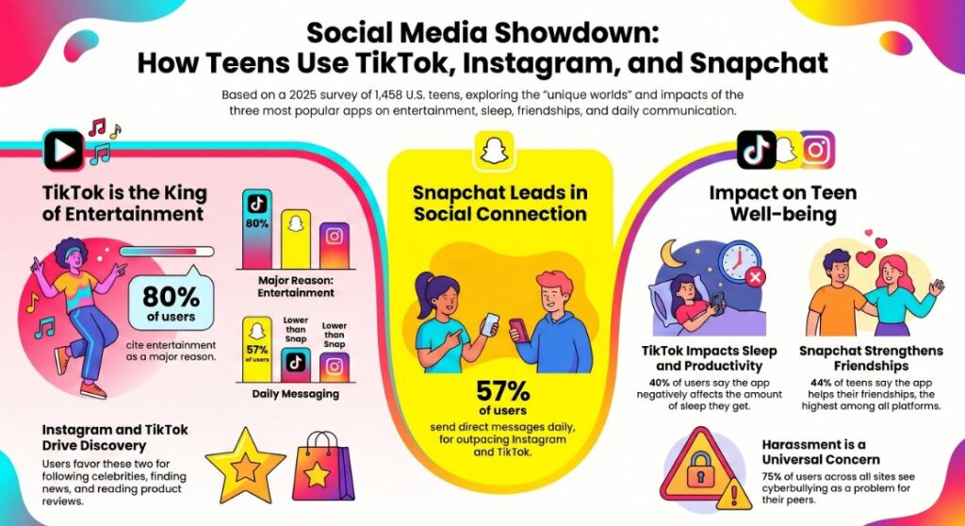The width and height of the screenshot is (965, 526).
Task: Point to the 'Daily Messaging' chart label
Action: [x=296, y=393]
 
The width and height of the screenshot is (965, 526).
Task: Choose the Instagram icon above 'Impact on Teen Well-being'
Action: [x=818, y=151]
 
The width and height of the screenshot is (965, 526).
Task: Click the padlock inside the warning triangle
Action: [x=708, y=468]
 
